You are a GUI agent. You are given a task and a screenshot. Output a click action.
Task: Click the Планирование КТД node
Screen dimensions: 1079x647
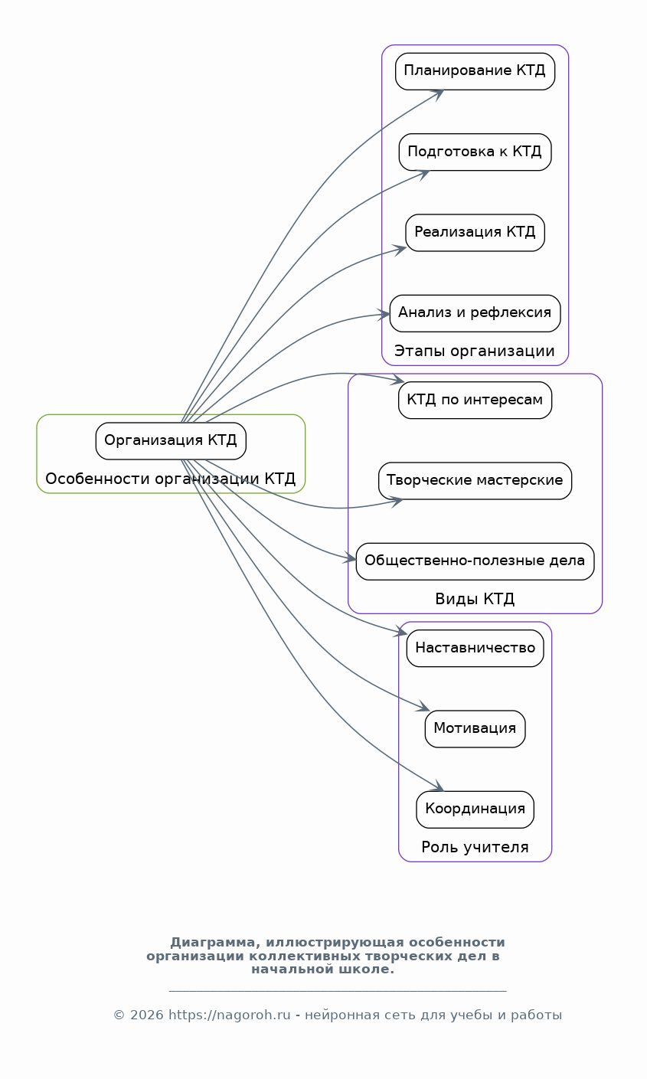[475, 71]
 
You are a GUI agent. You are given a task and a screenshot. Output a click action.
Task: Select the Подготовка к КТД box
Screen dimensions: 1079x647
[475, 152]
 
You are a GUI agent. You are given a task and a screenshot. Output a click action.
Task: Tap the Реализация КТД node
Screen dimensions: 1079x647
[475, 232]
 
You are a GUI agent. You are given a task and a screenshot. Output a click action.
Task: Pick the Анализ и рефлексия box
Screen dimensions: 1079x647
[475, 313]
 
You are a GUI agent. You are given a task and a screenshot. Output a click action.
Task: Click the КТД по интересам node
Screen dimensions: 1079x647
[475, 400]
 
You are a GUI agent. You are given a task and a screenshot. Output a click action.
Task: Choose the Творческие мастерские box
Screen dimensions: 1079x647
[475, 481]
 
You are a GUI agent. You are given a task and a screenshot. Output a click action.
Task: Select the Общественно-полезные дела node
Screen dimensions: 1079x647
[475, 561]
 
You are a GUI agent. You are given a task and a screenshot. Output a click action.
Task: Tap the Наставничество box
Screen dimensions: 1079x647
[475, 649]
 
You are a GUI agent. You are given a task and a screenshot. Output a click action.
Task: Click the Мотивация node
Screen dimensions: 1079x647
[475, 729]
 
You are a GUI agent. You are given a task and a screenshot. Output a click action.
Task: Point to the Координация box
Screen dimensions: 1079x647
[475, 809]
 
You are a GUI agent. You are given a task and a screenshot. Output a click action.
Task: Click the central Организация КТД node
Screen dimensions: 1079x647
[171, 441]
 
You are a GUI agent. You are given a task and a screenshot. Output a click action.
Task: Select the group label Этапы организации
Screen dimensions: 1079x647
[475, 351]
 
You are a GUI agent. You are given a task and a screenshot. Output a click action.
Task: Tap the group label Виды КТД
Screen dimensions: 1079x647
[475, 600]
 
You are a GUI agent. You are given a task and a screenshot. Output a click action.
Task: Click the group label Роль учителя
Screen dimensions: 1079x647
[475, 848]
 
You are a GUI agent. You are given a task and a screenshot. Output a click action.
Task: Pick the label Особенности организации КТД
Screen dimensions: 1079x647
[171, 479]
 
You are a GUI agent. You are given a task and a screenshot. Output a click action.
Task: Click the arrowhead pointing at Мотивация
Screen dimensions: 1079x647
[423, 707]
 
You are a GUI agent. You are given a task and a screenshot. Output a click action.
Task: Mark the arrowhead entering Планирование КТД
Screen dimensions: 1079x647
[438, 93]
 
